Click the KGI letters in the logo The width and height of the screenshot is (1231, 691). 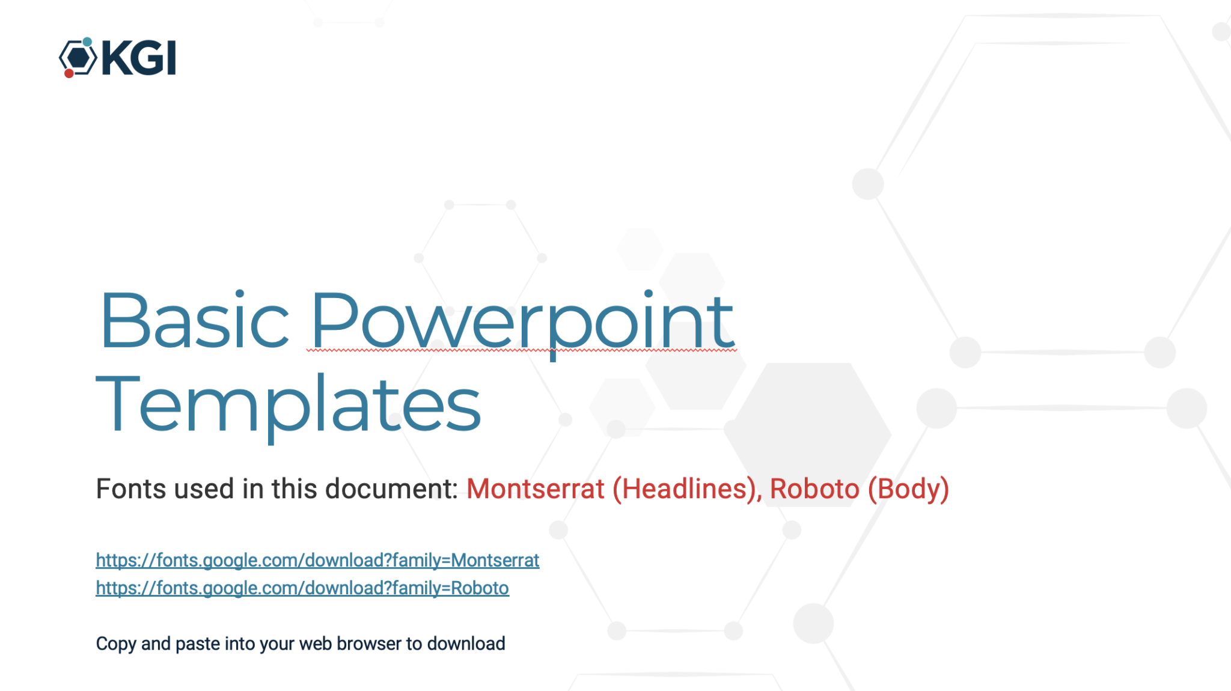click(139, 58)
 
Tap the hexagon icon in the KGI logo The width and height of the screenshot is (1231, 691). click(78, 58)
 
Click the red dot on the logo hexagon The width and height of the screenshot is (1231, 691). click(69, 73)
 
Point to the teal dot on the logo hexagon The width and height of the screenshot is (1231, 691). click(87, 41)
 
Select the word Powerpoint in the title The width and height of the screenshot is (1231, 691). click(522, 324)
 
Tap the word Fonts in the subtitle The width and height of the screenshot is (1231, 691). click(131, 489)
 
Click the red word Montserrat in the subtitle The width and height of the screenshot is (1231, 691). click(536, 489)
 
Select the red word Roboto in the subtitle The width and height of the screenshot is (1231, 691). click(814, 489)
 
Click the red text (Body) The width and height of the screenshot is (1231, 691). click(908, 490)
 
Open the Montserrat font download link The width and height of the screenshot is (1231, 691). click(317, 560)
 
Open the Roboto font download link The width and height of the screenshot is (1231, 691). click(302, 588)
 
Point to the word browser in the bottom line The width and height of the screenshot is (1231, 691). click(369, 644)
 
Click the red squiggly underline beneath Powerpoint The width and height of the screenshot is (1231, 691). click(522, 350)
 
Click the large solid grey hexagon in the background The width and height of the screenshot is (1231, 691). click(808, 434)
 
